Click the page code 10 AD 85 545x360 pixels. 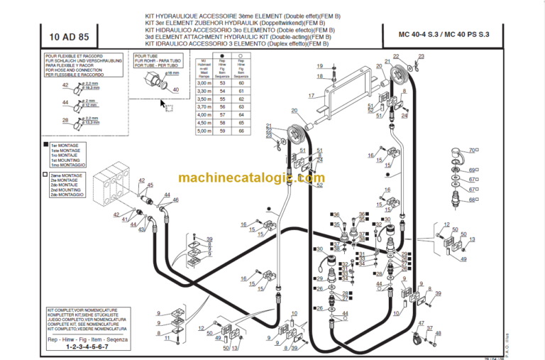pos(69,36)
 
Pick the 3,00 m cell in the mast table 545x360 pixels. pos(204,83)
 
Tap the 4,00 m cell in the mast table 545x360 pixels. pos(204,114)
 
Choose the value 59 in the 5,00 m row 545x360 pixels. pos(221,130)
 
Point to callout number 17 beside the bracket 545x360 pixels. pos(311,96)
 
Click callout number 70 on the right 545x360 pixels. pos(471,151)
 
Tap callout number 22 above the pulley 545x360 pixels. pos(396,56)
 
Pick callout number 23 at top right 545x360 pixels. pos(421,56)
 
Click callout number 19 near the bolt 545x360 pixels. pos(319,65)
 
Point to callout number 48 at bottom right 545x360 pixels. pos(437,333)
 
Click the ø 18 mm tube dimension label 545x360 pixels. pos(172,72)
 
